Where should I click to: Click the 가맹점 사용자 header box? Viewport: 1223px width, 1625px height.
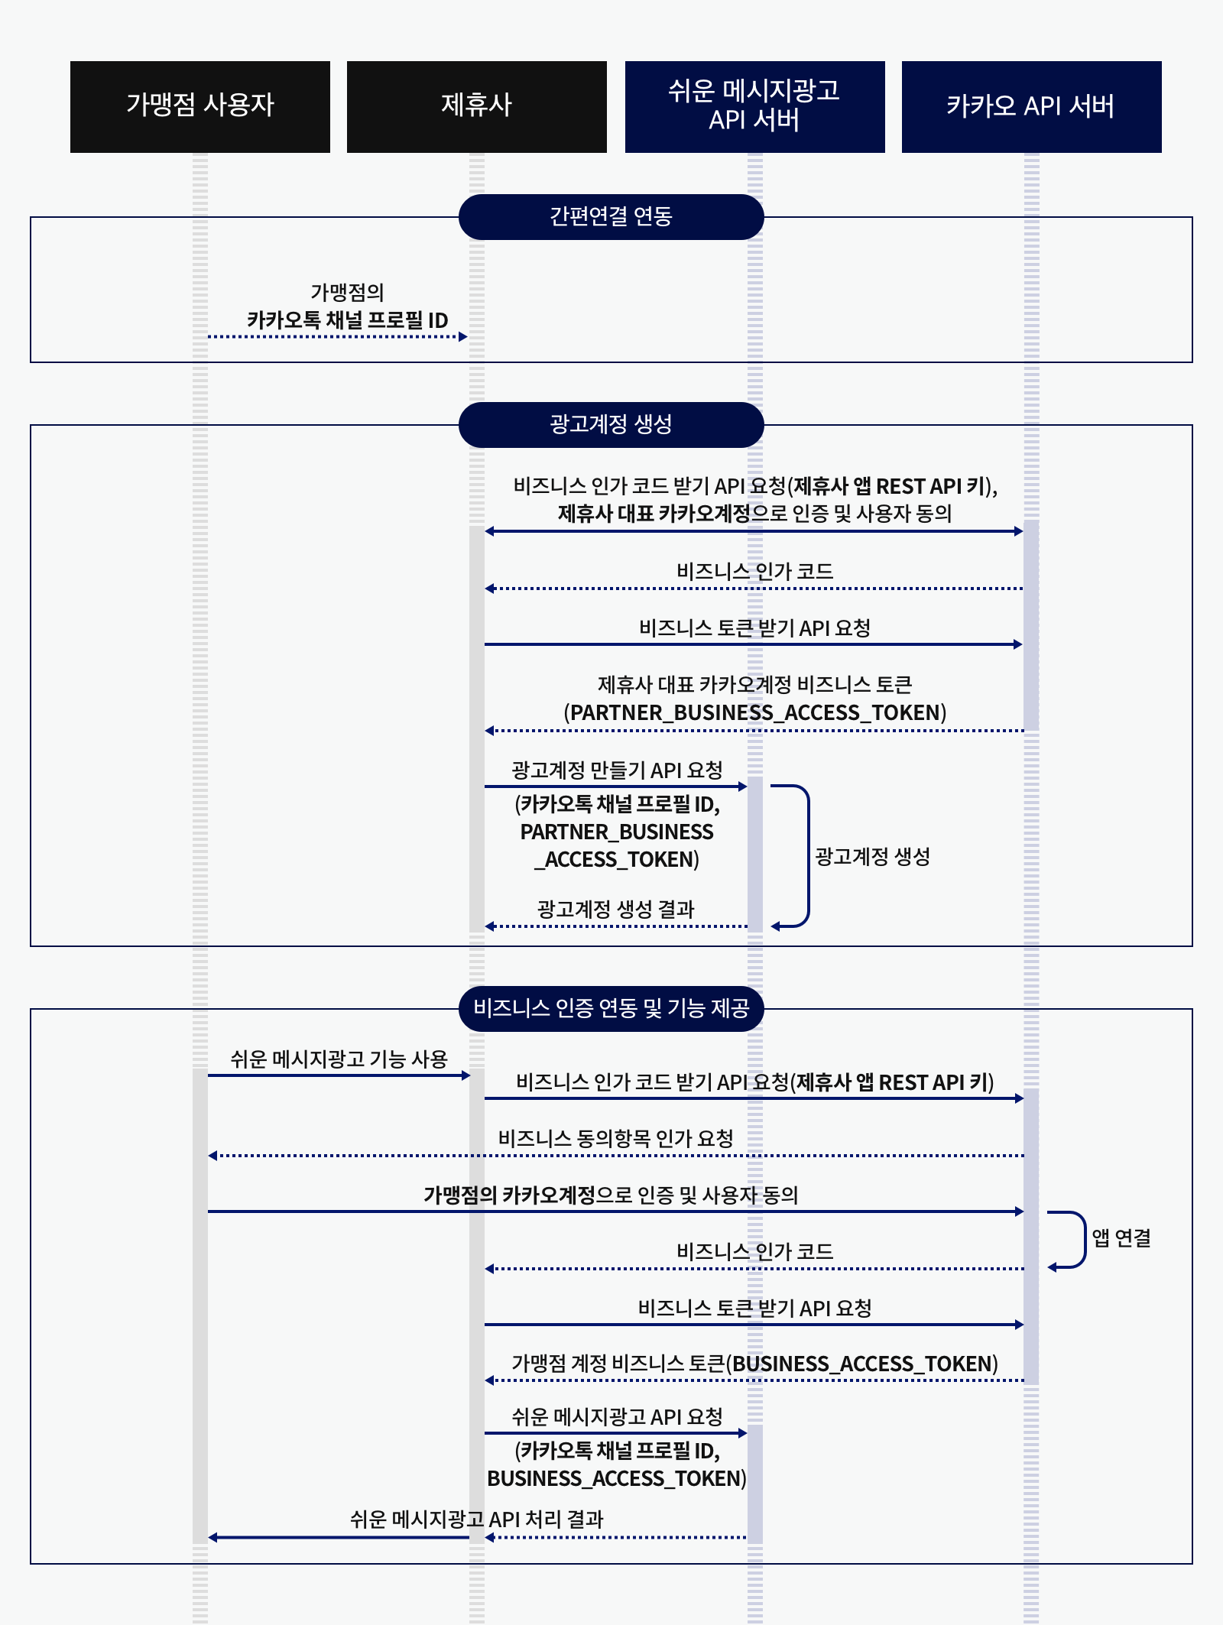[200, 106]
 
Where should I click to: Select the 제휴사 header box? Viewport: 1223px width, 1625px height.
[476, 106]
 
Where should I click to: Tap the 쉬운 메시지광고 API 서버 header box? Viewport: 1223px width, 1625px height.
[754, 106]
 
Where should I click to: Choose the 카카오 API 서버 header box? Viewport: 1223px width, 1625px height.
[1031, 106]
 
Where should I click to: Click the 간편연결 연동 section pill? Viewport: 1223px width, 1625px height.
[611, 217]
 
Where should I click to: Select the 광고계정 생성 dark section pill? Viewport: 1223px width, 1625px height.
[611, 425]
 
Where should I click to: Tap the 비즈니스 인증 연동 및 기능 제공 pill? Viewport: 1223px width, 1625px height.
[611, 1009]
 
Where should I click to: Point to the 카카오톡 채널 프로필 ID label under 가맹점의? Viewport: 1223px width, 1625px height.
[347, 320]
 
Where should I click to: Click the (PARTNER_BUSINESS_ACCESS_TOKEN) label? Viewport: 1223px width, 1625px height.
[754, 713]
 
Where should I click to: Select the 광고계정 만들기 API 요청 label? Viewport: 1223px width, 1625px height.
[617, 770]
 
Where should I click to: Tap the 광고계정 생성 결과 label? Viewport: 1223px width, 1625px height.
[615, 910]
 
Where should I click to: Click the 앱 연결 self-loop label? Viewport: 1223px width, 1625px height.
[1121, 1238]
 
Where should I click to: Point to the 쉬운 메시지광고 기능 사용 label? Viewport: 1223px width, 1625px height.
[339, 1059]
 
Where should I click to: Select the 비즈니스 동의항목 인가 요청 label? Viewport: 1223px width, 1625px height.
[615, 1139]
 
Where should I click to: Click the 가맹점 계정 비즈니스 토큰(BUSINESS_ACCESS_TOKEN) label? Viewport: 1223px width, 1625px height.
[754, 1364]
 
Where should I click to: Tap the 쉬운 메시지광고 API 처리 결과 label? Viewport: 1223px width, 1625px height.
[476, 1520]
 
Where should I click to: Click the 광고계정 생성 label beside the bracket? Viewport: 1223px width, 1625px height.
[872, 857]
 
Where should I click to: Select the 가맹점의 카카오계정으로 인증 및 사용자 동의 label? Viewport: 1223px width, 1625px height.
[611, 1195]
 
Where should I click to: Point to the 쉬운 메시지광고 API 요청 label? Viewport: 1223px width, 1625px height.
[617, 1417]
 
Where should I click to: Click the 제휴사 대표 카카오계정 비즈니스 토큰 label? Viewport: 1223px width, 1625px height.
[754, 685]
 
